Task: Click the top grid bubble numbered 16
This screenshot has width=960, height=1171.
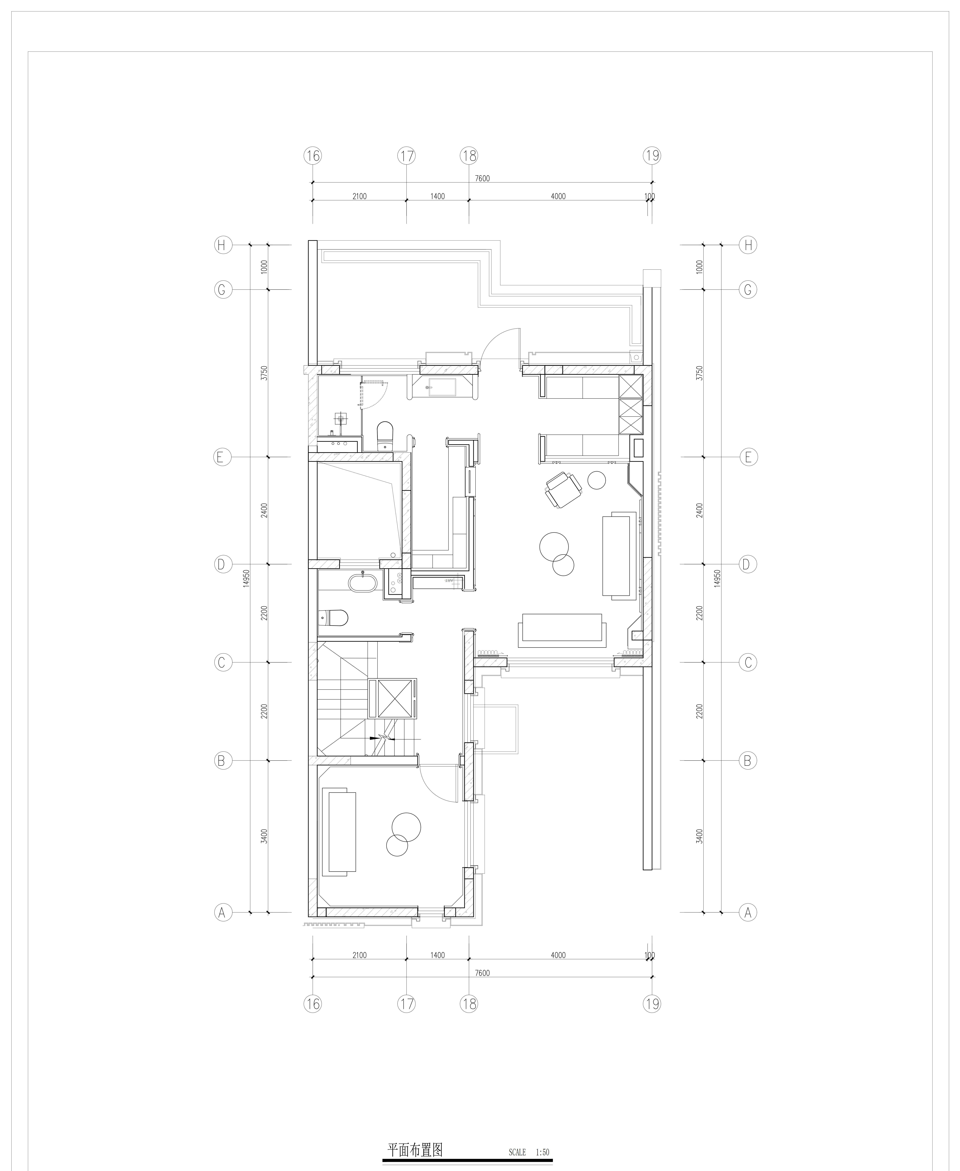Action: pyautogui.click(x=312, y=156)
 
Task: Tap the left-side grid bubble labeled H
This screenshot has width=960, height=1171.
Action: pyautogui.click(x=222, y=245)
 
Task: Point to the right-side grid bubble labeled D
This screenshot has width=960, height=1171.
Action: pyautogui.click(x=748, y=564)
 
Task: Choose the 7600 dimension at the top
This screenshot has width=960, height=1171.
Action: pyautogui.click(x=482, y=179)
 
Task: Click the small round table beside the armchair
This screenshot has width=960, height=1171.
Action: pyautogui.click(x=597, y=480)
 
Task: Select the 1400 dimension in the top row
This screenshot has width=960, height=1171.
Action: pyautogui.click(x=437, y=196)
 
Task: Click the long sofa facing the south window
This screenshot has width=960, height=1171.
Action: pyautogui.click(x=562, y=630)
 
